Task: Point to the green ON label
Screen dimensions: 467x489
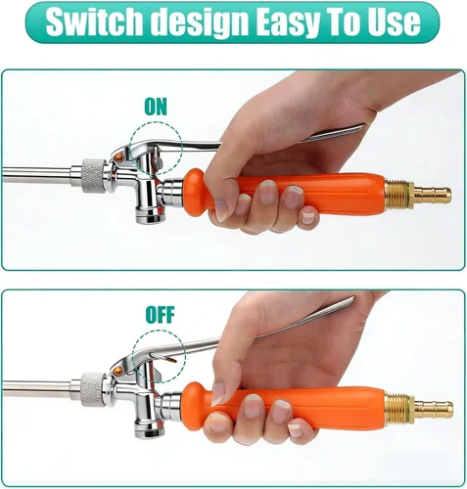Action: point(156,107)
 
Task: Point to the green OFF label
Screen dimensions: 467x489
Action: point(160,315)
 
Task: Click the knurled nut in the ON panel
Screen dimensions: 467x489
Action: point(93,175)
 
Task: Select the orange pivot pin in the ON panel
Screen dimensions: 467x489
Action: point(119,157)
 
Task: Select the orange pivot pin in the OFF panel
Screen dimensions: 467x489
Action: point(119,371)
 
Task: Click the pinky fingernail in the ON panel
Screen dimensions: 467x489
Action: point(307,217)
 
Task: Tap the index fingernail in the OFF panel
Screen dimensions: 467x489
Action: point(217,394)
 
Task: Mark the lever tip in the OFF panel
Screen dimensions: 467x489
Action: point(353,297)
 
